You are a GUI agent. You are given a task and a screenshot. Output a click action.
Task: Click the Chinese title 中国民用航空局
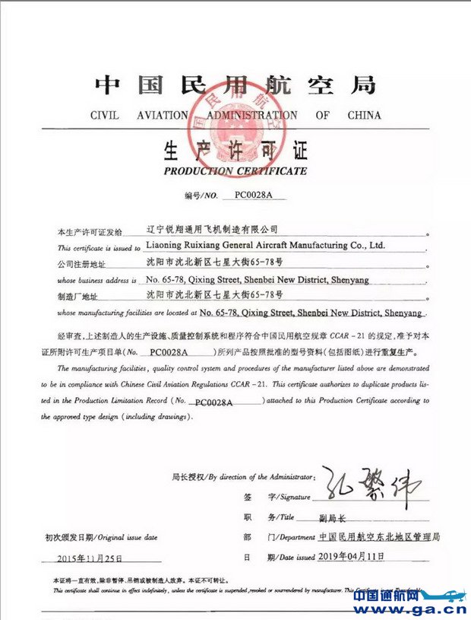235,84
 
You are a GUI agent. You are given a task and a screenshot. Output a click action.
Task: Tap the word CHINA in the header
364,116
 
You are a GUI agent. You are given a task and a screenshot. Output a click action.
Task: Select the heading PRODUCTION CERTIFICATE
235,171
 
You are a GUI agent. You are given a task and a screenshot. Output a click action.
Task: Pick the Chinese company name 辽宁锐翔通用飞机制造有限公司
211,228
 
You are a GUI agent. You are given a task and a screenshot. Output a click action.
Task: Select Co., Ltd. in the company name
368,246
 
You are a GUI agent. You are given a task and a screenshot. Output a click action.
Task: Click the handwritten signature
368,487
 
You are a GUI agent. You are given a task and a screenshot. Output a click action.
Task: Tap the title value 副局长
331,518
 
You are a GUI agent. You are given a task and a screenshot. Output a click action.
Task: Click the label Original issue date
130,538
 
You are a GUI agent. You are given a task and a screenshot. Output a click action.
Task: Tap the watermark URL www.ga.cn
409,609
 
